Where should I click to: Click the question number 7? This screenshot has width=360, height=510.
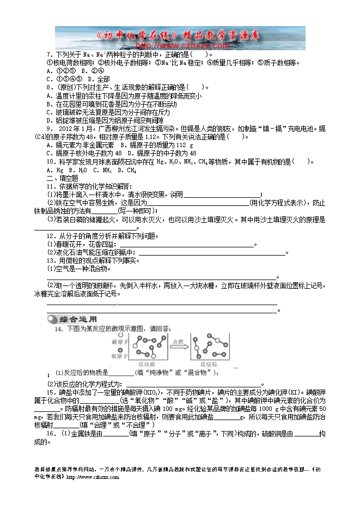(x=49, y=55)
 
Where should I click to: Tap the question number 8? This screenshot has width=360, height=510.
(x=49, y=87)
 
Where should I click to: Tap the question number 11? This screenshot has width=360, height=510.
(x=50, y=186)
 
